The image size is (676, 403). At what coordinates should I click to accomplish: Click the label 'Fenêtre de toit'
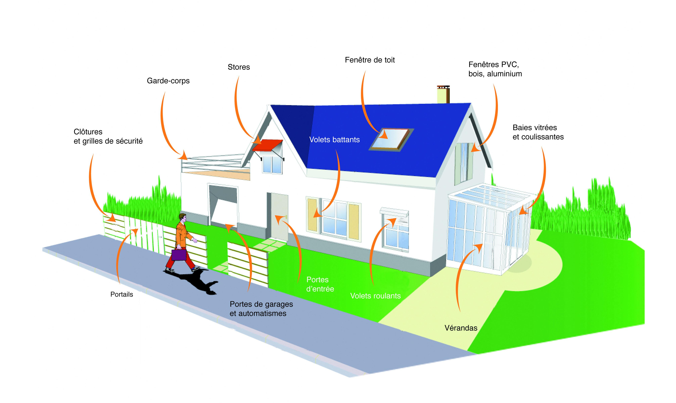370,60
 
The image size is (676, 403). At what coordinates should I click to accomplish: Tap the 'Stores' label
239,67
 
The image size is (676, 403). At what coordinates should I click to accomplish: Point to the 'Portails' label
122,294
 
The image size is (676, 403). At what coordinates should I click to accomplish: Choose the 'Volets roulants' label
376,296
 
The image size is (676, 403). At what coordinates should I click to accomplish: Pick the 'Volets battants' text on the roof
334,140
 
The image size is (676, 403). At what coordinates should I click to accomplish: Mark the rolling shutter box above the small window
394,212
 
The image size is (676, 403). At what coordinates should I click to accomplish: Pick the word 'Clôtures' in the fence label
88,132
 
